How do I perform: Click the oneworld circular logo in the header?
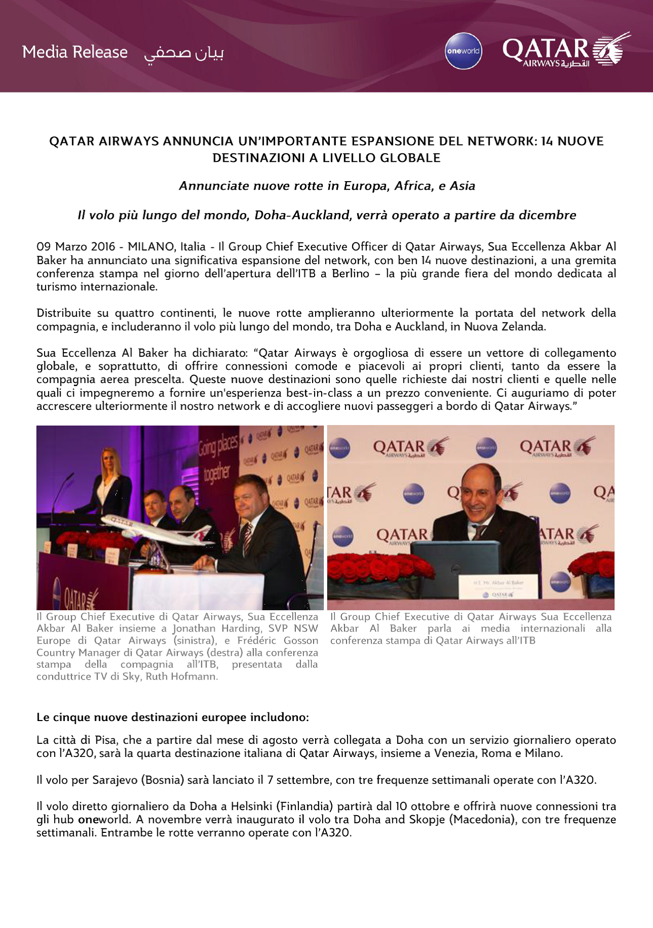tap(463, 51)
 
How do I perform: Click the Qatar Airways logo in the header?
tap(565, 51)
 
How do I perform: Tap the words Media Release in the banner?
tap(75, 52)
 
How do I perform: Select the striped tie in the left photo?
tap(248, 539)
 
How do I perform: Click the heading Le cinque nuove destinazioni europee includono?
tap(172, 718)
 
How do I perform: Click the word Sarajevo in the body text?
tap(115, 780)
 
